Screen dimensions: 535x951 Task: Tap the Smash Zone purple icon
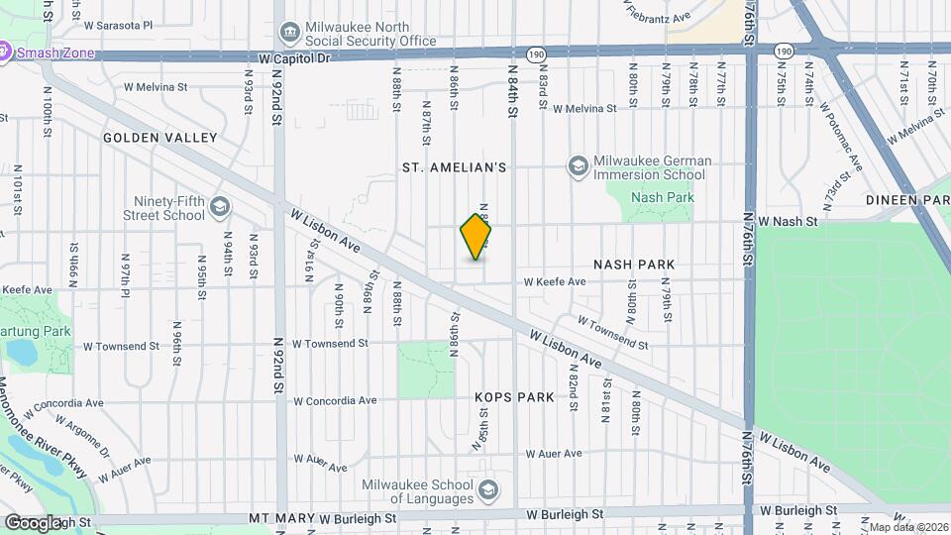pos(5,50)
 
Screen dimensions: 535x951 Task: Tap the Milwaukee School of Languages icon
pos(488,490)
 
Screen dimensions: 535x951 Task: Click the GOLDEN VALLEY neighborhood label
pos(159,138)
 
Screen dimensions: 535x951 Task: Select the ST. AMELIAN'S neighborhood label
pos(454,167)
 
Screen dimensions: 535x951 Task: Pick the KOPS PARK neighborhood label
pos(514,397)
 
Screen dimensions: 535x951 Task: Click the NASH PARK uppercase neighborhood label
pos(634,265)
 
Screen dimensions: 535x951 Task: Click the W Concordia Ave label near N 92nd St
pos(336,401)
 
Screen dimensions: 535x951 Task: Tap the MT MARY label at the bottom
pos(280,518)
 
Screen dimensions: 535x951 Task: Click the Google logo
pos(33,522)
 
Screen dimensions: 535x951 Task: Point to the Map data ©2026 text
pos(907,527)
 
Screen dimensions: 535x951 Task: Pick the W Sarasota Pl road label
pos(119,25)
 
